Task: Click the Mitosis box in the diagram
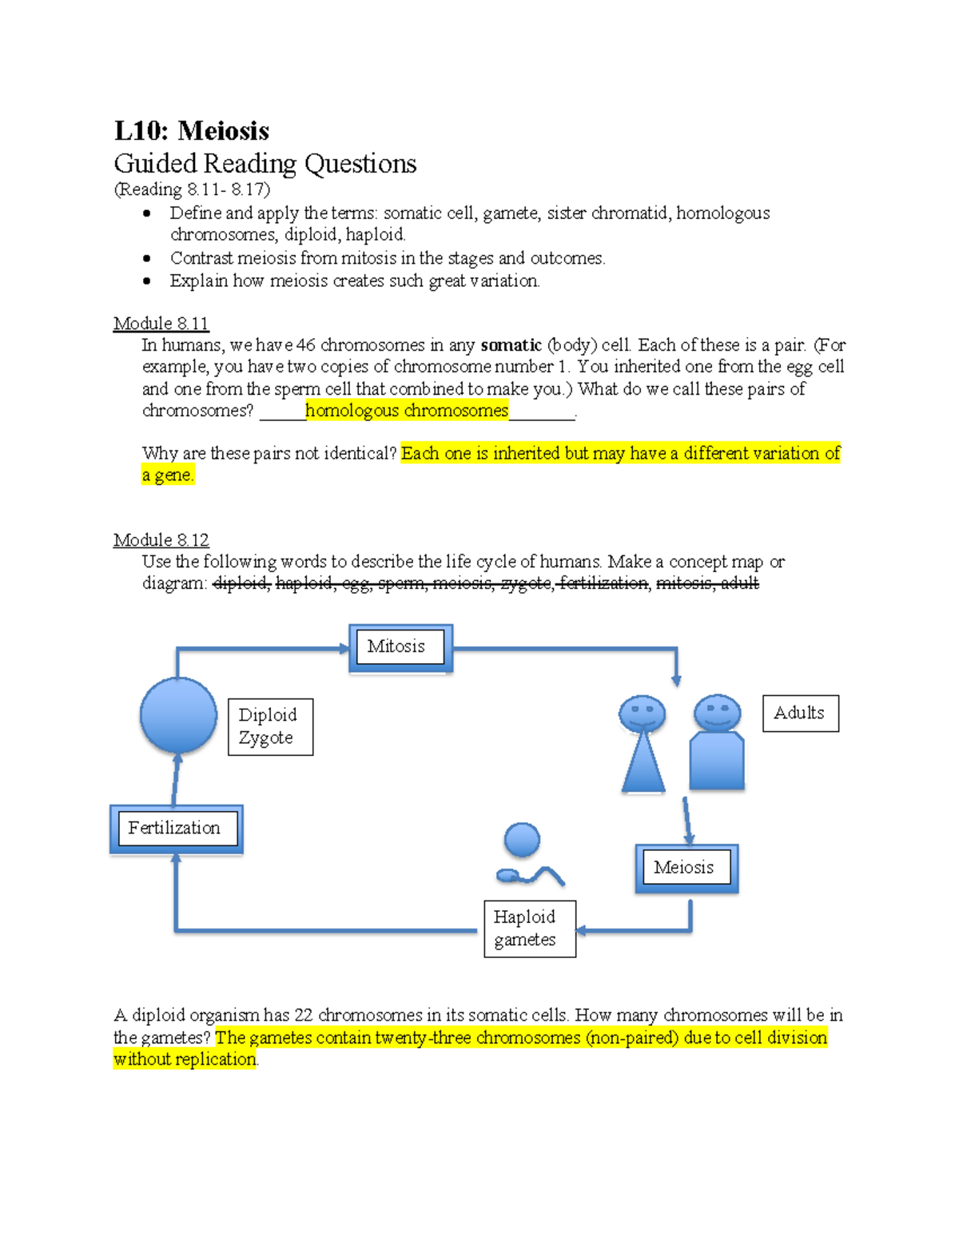point(400,647)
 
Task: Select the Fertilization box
point(176,829)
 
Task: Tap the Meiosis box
point(686,868)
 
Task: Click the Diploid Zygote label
point(270,726)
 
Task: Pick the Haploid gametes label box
point(529,929)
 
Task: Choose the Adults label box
point(800,713)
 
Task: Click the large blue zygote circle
point(178,715)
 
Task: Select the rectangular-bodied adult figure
point(717,743)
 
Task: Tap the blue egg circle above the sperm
point(523,840)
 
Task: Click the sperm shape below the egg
point(529,876)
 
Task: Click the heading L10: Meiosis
point(192,131)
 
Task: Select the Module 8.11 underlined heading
point(161,324)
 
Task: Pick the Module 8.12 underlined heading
point(161,540)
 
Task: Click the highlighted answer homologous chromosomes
point(406,411)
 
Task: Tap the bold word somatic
point(511,345)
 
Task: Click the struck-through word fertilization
point(603,583)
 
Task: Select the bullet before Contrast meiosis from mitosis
point(146,258)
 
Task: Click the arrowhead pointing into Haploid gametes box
point(581,930)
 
